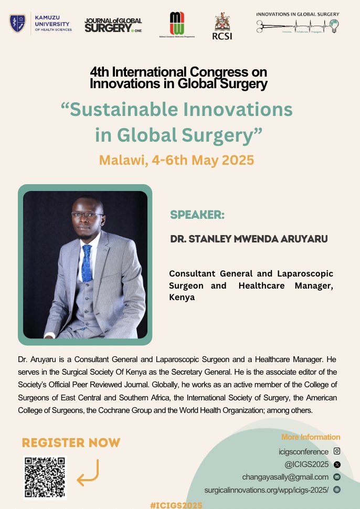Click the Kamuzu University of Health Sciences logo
(40, 23)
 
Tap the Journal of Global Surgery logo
(113, 25)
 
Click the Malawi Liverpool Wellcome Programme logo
(177, 24)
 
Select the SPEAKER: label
(197, 215)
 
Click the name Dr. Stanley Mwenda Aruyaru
(249, 239)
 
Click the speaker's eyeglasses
(87, 215)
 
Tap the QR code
(45, 477)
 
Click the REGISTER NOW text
(71, 442)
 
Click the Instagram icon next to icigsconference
(337, 451)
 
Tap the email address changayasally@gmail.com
(285, 477)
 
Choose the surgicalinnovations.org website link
(266, 490)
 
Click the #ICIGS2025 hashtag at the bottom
(176, 504)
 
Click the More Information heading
(311, 437)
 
